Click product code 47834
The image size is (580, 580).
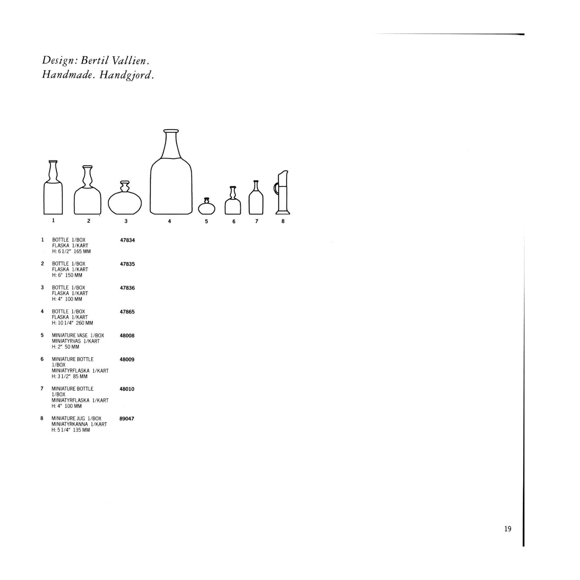pos(128,240)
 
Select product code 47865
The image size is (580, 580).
pos(127,312)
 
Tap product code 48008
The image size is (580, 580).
pos(127,335)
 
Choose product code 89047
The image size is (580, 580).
pos(127,418)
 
